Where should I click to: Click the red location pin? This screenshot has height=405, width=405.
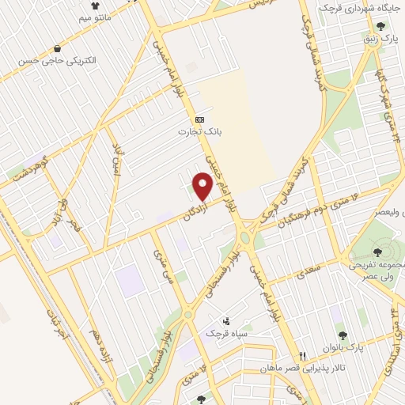point(203,187)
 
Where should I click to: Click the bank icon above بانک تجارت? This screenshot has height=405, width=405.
point(199,119)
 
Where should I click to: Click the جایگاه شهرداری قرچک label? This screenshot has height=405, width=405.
point(365,7)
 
